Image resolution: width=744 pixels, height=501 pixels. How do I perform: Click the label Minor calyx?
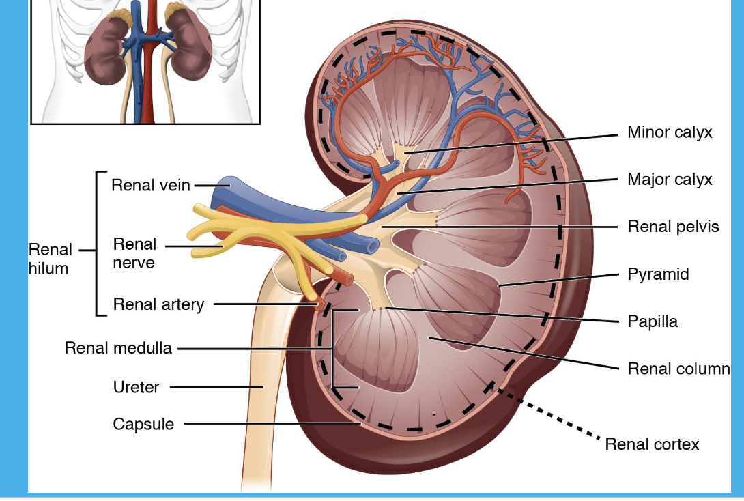(x=670, y=132)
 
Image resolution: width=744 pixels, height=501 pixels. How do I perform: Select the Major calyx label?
(x=670, y=180)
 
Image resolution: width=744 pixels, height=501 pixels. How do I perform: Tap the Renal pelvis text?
(x=673, y=226)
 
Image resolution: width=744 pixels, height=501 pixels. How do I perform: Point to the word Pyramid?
(x=658, y=274)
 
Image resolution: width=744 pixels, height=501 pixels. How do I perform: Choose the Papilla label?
(x=653, y=321)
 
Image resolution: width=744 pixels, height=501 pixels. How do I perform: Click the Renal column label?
(x=678, y=369)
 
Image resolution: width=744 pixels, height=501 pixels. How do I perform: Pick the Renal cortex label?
(x=652, y=444)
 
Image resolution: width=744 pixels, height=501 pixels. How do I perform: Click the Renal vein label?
(x=151, y=185)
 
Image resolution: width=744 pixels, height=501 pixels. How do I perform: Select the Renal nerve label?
(x=134, y=253)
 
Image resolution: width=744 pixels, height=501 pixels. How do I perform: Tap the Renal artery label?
(x=158, y=304)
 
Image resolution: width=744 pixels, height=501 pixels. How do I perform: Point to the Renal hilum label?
(x=49, y=259)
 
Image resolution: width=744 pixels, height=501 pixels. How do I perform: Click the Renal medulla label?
(x=118, y=348)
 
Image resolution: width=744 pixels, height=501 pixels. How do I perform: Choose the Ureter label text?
(x=136, y=387)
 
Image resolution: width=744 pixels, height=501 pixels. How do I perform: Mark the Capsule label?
(x=143, y=424)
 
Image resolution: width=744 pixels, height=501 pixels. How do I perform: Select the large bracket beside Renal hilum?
(x=98, y=243)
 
